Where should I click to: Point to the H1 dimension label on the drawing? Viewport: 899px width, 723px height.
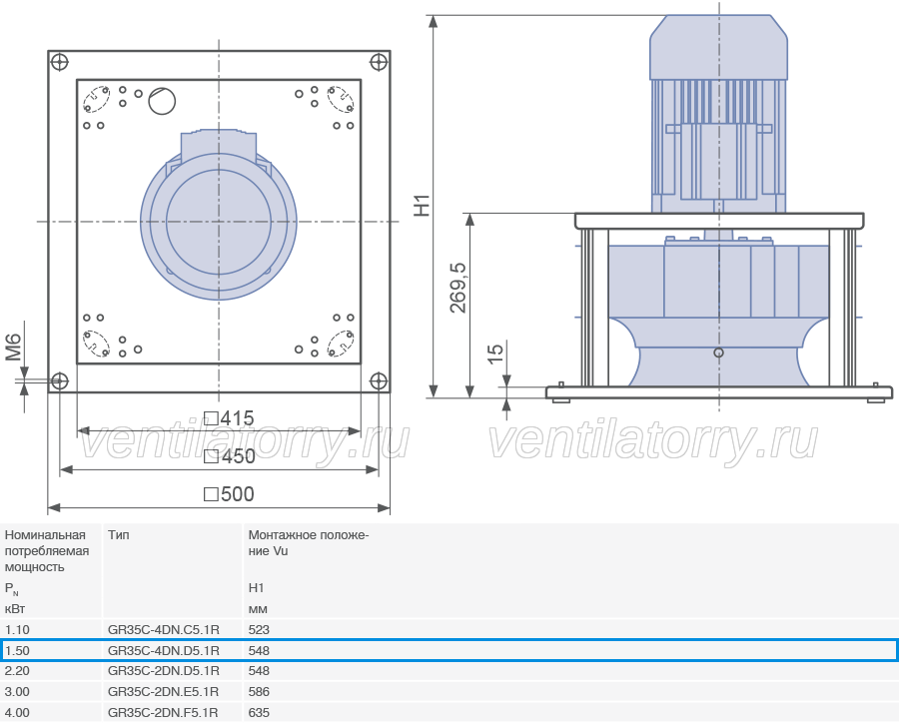coord(422,206)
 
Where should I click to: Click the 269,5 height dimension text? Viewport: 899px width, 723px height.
coord(458,288)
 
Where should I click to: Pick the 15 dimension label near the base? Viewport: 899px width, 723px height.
coord(495,354)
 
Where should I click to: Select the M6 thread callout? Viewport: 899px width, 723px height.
coord(14,348)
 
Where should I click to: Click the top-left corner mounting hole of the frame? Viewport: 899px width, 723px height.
coord(60,62)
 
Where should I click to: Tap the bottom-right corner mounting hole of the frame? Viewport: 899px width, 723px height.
coord(379,380)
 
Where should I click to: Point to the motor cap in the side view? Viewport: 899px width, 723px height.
coord(718,47)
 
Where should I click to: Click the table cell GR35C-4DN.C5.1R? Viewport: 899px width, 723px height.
coord(164,629)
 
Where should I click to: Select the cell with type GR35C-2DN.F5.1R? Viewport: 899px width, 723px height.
coord(163,713)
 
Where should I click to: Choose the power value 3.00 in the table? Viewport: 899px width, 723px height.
coord(17,692)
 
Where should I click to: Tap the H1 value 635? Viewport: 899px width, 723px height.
coord(259,713)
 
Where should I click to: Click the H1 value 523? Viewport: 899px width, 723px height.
coord(259,629)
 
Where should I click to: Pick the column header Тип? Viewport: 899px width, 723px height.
coord(119,535)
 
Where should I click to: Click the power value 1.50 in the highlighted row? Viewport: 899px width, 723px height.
coord(17,651)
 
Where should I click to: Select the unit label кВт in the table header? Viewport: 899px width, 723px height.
coord(15,609)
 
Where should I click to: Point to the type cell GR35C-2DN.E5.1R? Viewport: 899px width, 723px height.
coord(164,692)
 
